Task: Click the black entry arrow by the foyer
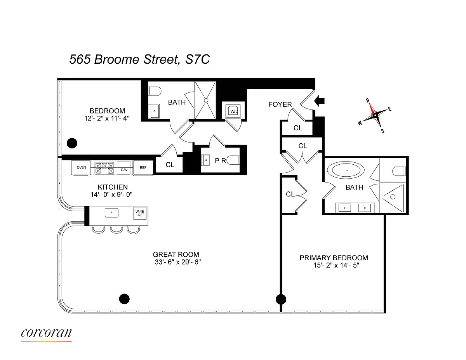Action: pos(319,101)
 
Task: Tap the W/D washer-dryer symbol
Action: pos(233,111)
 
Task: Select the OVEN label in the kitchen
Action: pos(81,167)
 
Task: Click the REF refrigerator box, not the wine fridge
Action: pos(143,168)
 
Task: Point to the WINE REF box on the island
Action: pos(140,213)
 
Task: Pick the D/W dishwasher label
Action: pos(124,170)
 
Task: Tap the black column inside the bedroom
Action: pos(72,143)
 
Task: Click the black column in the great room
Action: pos(124,299)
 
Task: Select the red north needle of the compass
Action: pos(372,109)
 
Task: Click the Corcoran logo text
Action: pos(46,333)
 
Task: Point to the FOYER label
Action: pos(280,104)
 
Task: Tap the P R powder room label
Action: pos(220,161)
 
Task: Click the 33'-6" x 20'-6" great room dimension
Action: pos(178,262)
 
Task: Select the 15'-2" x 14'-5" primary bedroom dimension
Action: pos(336,265)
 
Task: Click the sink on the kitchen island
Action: pos(111,212)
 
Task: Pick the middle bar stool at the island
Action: pos(116,230)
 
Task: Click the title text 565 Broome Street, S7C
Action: pos(139,59)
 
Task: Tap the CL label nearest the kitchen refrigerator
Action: pos(170,165)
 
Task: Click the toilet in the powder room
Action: pos(233,160)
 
